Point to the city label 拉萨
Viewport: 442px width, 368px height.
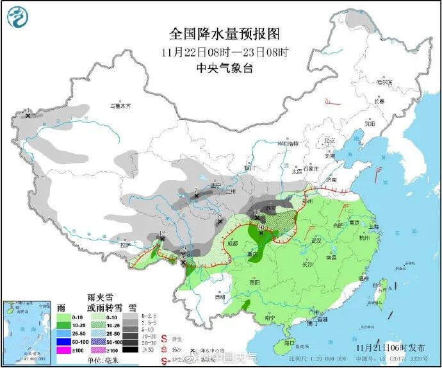[x=124, y=244]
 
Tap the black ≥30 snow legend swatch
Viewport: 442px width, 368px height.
[x=131, y=350]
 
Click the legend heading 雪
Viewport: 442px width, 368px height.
[x=133, y=306]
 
